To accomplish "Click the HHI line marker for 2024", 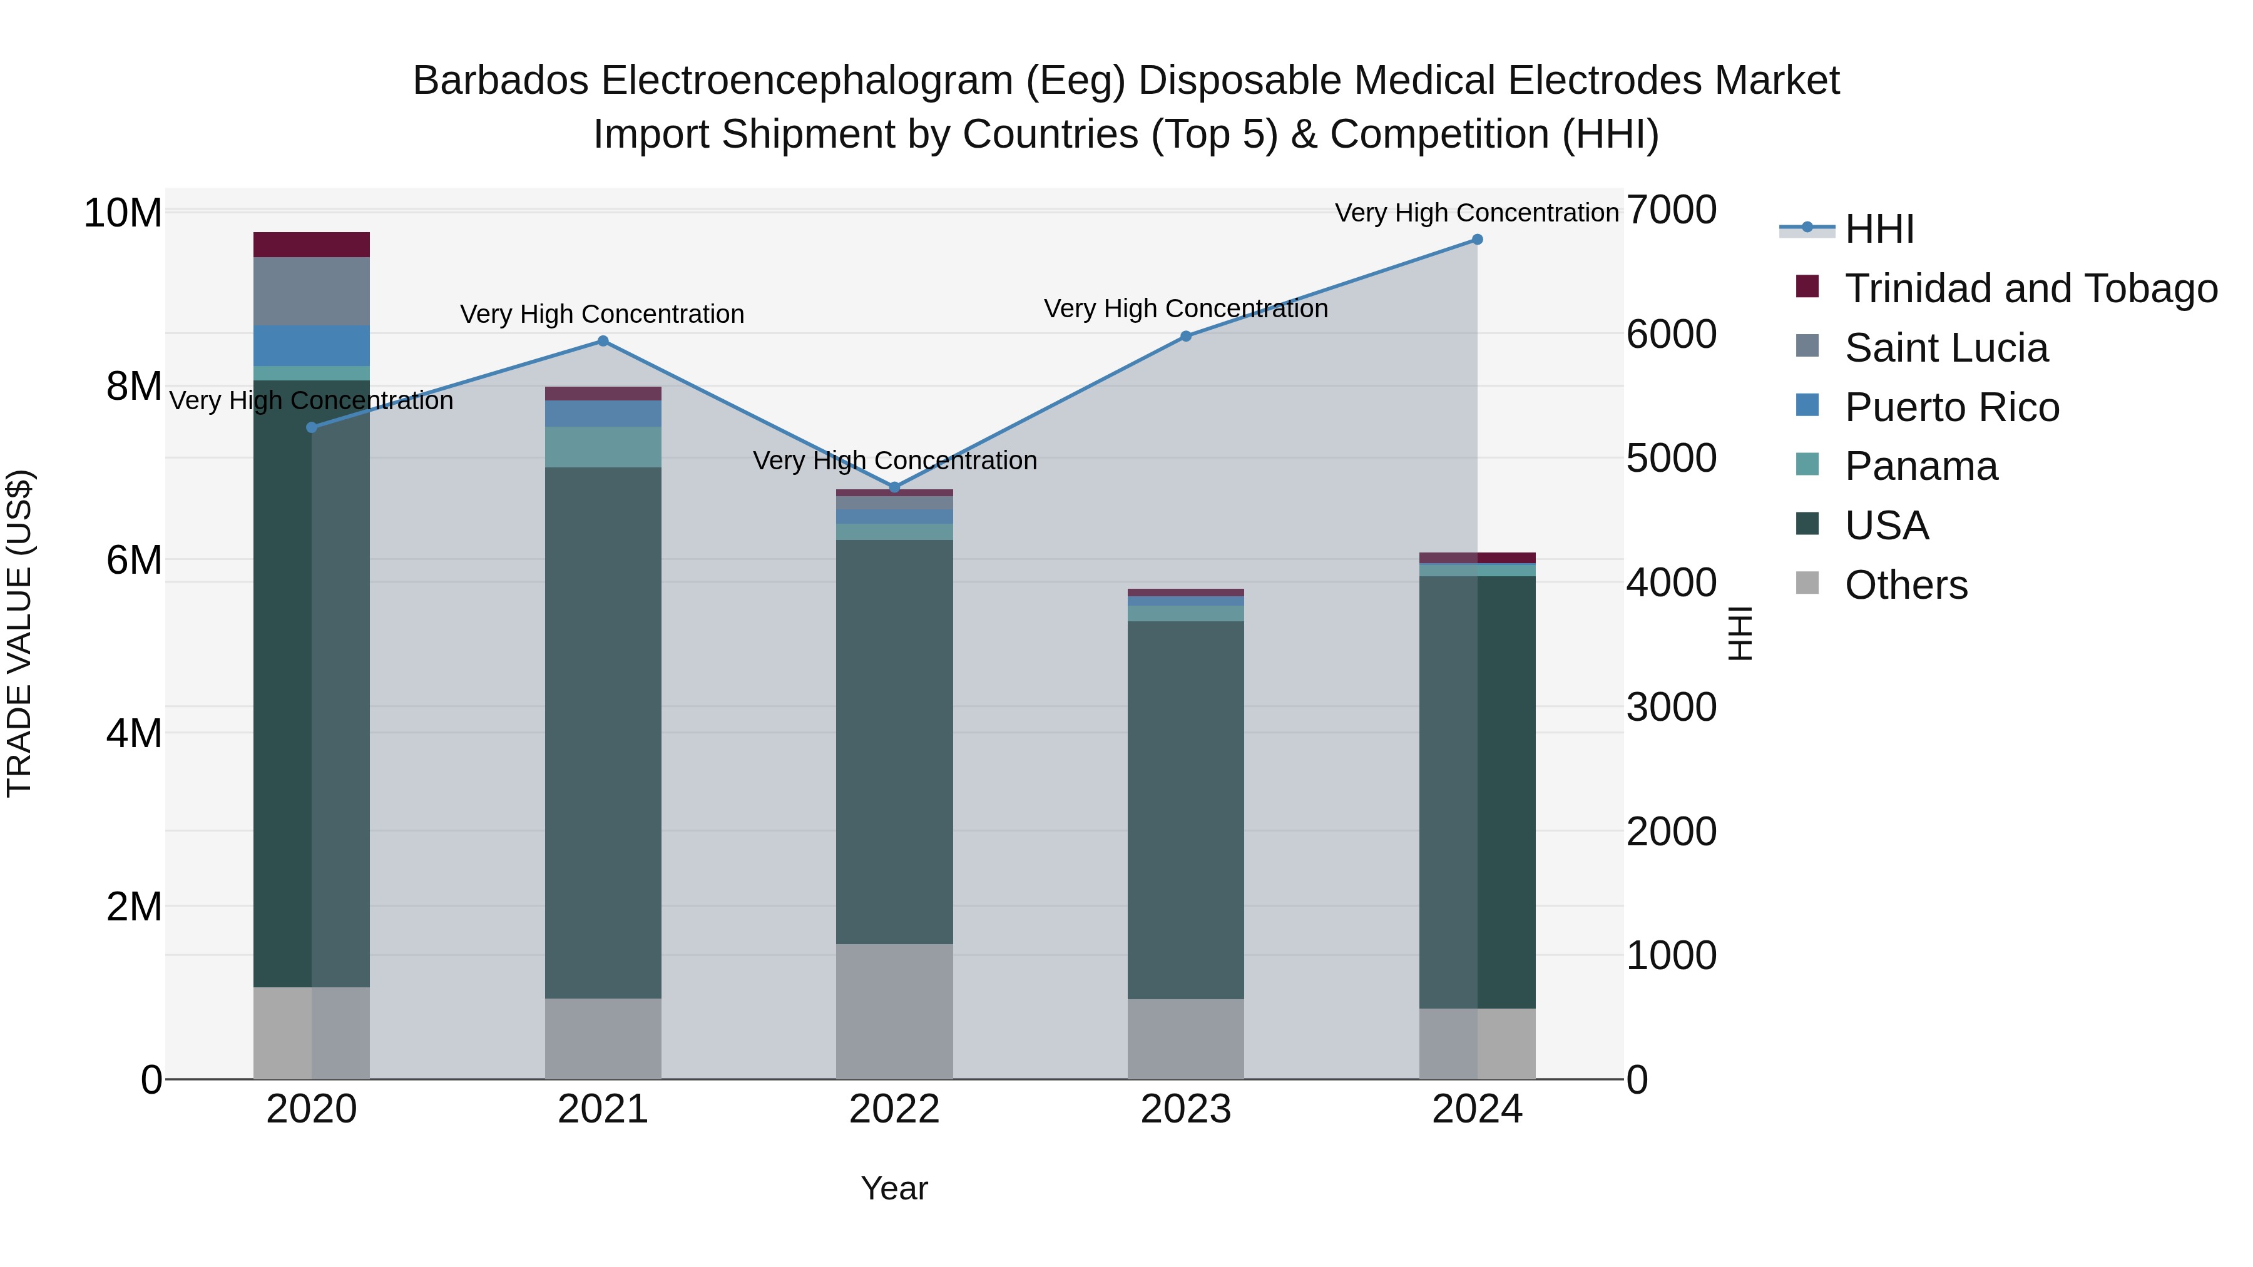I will tap(1477, 240).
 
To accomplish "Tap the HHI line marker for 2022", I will tap(894, 487).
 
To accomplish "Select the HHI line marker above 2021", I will tap(603, 341).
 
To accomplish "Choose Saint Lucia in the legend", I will tap(1946, 348).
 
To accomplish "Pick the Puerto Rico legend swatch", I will tap(1807, 405).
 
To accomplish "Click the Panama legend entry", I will tap(1921, 467).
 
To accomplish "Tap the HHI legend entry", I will tap(1879, 229).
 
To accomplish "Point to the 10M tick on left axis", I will tap(123, 213).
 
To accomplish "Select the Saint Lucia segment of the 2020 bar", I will tap(312, 291).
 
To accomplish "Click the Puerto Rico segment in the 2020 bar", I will tap(312, 345).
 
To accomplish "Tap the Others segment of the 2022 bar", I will tap(894, 1011).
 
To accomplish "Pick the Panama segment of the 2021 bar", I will tap(603, 447).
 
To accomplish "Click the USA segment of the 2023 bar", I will tap(1185, 809).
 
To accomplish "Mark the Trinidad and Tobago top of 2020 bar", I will tap(312, 245).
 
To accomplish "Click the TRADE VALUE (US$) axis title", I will tap(19, 633).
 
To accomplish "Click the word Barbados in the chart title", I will tap(500, 81).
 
